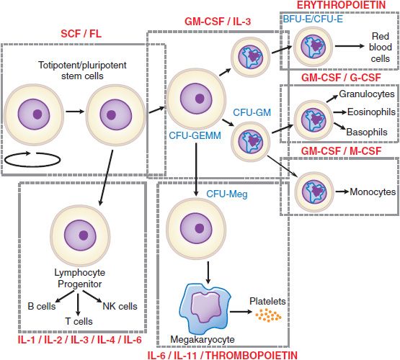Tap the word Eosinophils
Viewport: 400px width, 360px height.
(x=368, y=113)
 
